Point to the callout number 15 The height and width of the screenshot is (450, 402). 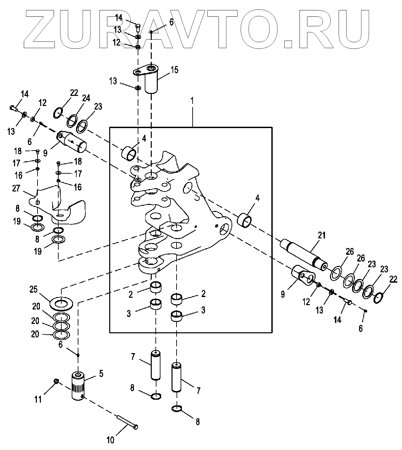click(x=174, y=70)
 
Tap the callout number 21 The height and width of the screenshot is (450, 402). click(x=322, y=236)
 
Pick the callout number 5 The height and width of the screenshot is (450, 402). click(x=101, y=373)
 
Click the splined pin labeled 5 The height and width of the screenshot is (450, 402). click(x=79, y=386)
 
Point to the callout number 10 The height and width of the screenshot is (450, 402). click(x=111, y=440)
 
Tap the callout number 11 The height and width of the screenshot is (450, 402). click(x=39, y=399)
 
